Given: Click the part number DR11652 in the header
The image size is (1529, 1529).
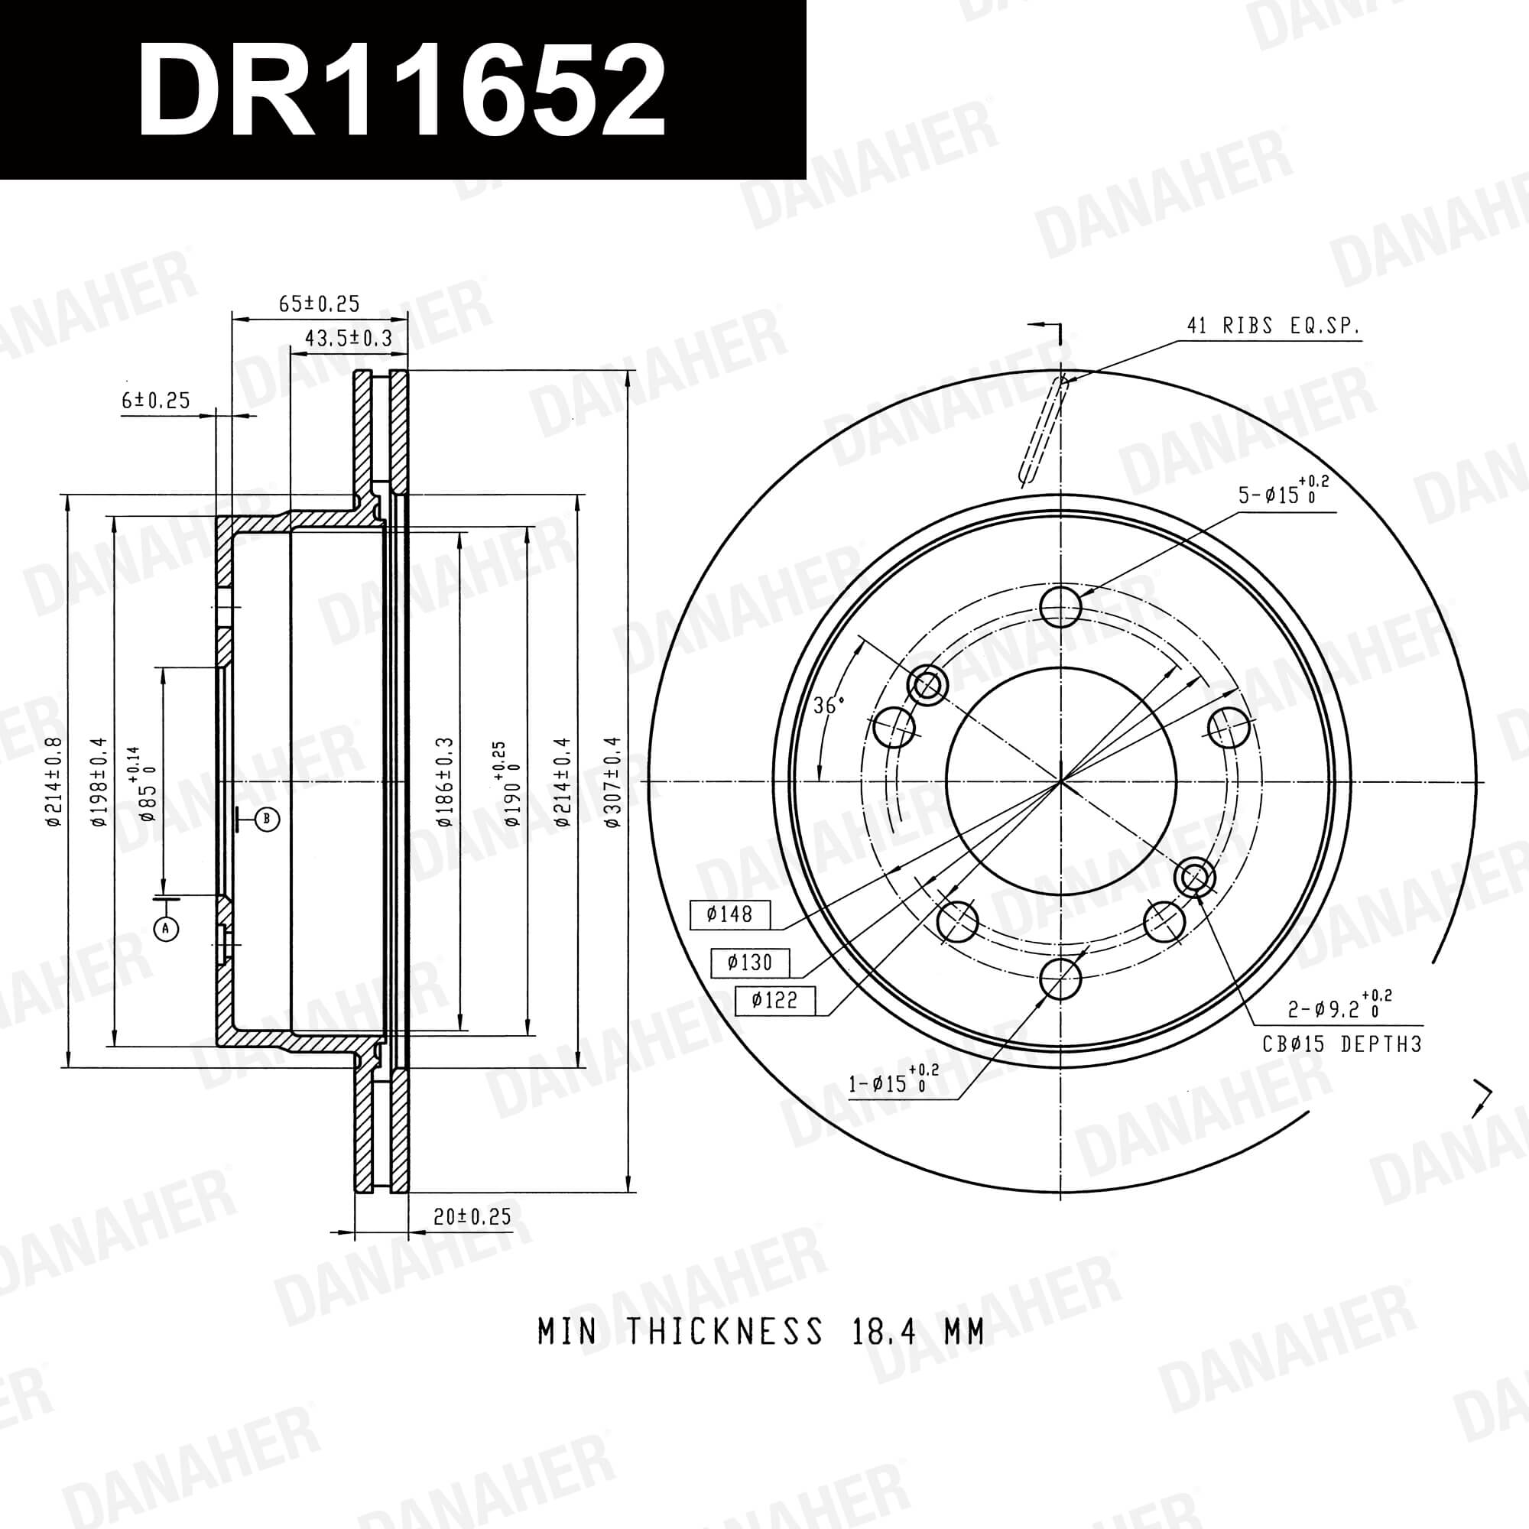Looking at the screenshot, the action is pyautogui.click(x=401, y=91).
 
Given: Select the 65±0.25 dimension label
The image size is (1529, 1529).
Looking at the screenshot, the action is pyautogui.click(x=319, y=303).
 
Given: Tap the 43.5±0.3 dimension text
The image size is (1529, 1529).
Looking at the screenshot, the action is pyautogui.click(x=349, y=338).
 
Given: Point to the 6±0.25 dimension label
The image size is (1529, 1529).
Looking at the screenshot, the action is pyautogui.click(x=156, y=401).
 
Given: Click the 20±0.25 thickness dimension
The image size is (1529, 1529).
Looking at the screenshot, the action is pyautogui.click(x=472, y=1216).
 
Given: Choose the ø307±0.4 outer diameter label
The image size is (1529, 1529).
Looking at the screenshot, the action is pyautogui.click(x=613, y=782).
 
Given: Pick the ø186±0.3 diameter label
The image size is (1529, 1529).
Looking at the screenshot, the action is pyautogui.click(x=446, y=782).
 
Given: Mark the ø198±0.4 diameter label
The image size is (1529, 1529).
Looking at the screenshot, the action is pyautogui.click(x=99, y=782).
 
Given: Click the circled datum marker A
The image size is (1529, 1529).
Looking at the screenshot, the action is pyautogui.click(x=166, y=928).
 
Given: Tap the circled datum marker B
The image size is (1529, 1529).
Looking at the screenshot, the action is pyautogui.click(x=267, y=818).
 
